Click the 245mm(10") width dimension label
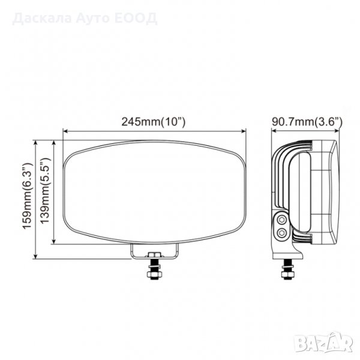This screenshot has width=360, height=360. coord(153,122)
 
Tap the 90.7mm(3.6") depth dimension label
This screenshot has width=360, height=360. coord(307,122)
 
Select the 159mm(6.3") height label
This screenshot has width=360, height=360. coord(28,196)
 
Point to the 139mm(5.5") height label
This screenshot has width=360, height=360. coord(45,191)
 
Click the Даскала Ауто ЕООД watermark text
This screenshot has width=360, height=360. coord(85,19)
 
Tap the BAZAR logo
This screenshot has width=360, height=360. coord(323,343)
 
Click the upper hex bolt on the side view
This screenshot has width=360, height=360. coord(281,220)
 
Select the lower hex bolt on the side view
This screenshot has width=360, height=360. coord(281,233)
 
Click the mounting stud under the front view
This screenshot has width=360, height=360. coord(154,269)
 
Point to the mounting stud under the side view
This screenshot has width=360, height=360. coord(287,269)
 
